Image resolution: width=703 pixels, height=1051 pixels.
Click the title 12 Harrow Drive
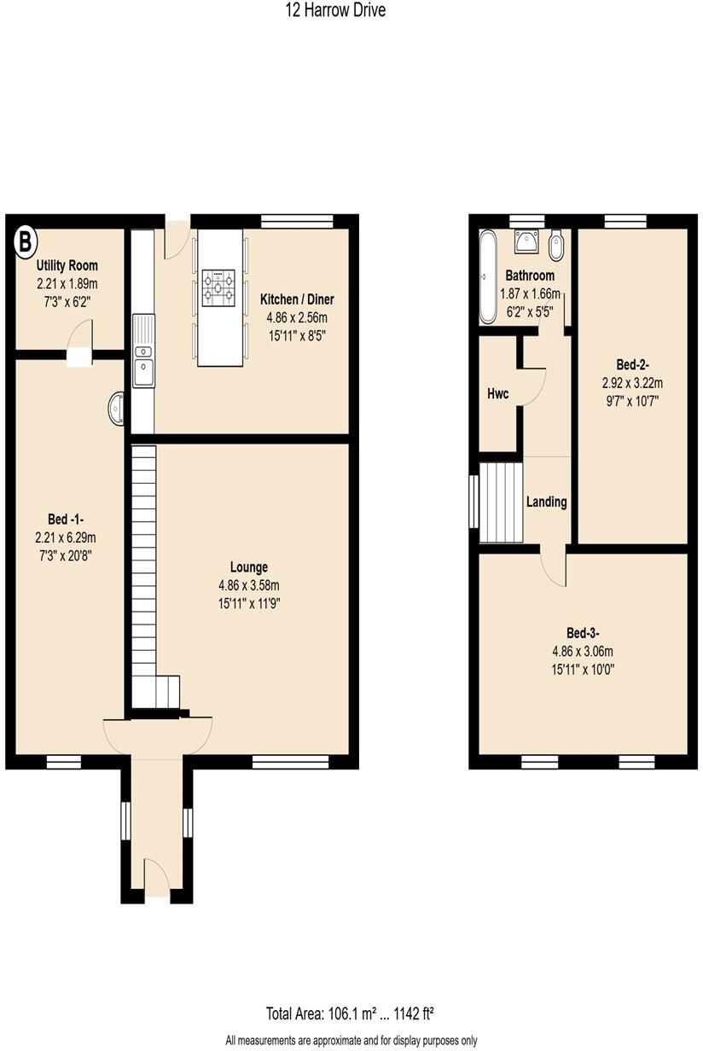[x=335, y=11]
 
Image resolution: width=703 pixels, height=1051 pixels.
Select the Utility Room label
[x=67, y=266]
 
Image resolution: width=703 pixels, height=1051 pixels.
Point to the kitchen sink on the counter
[x=142, y=372]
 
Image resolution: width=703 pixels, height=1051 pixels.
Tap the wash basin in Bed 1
[x=117, y=408]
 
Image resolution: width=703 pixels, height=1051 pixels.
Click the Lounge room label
[x=249, y=566]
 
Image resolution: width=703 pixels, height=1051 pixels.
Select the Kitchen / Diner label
[x=296, y=299]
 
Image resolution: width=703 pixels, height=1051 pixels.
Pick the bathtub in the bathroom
[x=487, y=276]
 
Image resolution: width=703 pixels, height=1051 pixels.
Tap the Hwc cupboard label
[x=497, y=393]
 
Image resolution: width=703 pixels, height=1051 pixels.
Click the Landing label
[x=546, y=502]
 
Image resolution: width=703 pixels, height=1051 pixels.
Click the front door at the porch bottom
[x=156, y=879]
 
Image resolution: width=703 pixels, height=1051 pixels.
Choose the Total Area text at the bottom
[x=351, y=1014]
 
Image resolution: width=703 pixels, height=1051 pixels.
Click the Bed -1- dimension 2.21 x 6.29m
[x=66, y=537]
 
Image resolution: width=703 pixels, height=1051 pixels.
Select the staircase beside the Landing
[x=501, y=502]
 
